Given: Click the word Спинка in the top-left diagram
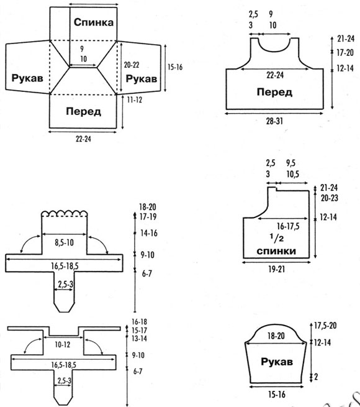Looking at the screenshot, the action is [94, 22].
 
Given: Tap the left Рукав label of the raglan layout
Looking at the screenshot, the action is [27, 78].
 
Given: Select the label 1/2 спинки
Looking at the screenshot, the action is [276, 245].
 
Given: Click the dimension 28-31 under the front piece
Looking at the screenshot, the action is [274, 121].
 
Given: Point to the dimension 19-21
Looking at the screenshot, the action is [276, 270].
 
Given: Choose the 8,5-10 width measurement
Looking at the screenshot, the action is [64, 243].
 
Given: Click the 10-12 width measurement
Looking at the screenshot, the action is [63, 345].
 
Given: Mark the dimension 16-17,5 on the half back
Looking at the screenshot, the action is [288, 226].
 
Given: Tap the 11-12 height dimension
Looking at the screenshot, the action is [135, 100].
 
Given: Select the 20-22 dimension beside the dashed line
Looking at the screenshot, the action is [132, 65].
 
